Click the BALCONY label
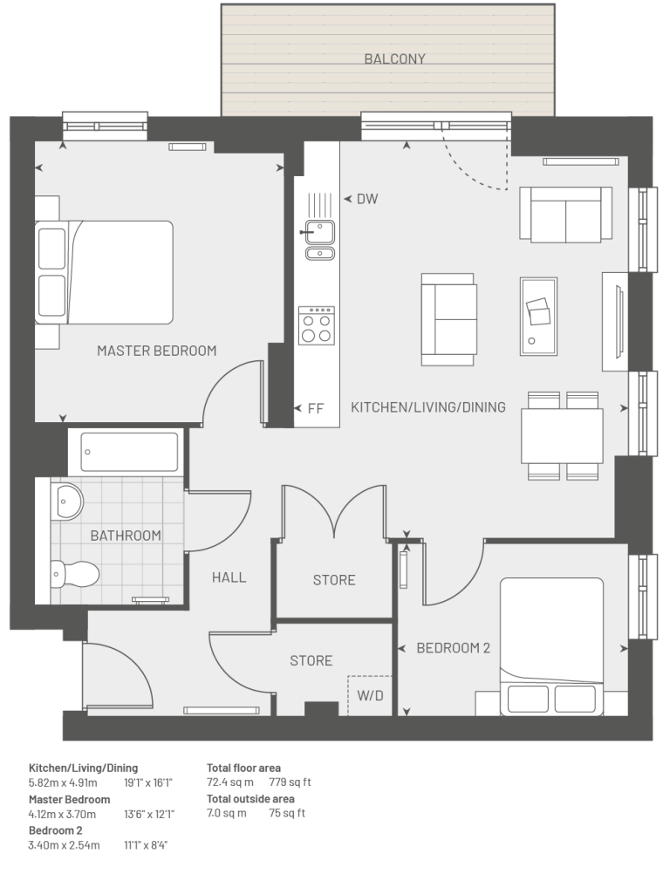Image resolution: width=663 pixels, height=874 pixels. point(394,58)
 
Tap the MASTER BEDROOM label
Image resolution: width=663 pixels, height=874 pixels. point(157,351)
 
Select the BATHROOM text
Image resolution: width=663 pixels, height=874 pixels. point(126,536)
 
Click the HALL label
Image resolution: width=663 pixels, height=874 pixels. point(229,577)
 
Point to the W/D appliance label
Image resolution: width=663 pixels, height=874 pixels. point(370,696)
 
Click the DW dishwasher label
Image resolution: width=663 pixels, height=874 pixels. point(367,199)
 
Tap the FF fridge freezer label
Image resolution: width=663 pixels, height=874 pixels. point(316,408)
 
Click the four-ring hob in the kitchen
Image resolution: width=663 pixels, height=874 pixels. point(316,325)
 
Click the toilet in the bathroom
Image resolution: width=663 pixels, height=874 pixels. point(75,574)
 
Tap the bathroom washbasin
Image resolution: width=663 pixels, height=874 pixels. point(66,500)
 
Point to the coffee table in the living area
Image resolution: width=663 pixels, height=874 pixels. point(538,317)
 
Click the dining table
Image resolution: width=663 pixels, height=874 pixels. point(562,436)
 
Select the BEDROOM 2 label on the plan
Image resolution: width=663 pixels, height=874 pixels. point(454,648)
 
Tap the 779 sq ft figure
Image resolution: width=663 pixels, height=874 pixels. point(290,782)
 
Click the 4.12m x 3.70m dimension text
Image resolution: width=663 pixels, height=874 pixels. point(63,814)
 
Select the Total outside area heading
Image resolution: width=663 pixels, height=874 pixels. point(250,798)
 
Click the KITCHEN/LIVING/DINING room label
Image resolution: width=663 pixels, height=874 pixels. point(428,407)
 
